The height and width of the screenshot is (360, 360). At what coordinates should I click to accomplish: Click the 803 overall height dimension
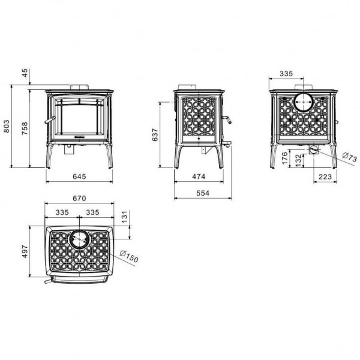point(7,126)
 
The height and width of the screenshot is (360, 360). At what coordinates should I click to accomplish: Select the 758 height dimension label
point(25,128)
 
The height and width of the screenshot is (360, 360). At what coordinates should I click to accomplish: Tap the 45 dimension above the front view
point(25,73)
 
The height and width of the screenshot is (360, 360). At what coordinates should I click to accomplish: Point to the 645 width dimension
point(79,176)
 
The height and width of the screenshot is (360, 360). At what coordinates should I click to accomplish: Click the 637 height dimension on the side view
point(155,135)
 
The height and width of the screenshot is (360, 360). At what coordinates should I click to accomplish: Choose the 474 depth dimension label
point(199,176)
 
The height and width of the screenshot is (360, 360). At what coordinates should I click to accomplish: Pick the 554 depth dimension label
point(203,193)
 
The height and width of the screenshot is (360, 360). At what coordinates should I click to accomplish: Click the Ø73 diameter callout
point(349,157)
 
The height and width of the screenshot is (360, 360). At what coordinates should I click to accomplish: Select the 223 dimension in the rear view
point(325,176)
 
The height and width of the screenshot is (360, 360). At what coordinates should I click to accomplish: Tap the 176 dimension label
point(284,158)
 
